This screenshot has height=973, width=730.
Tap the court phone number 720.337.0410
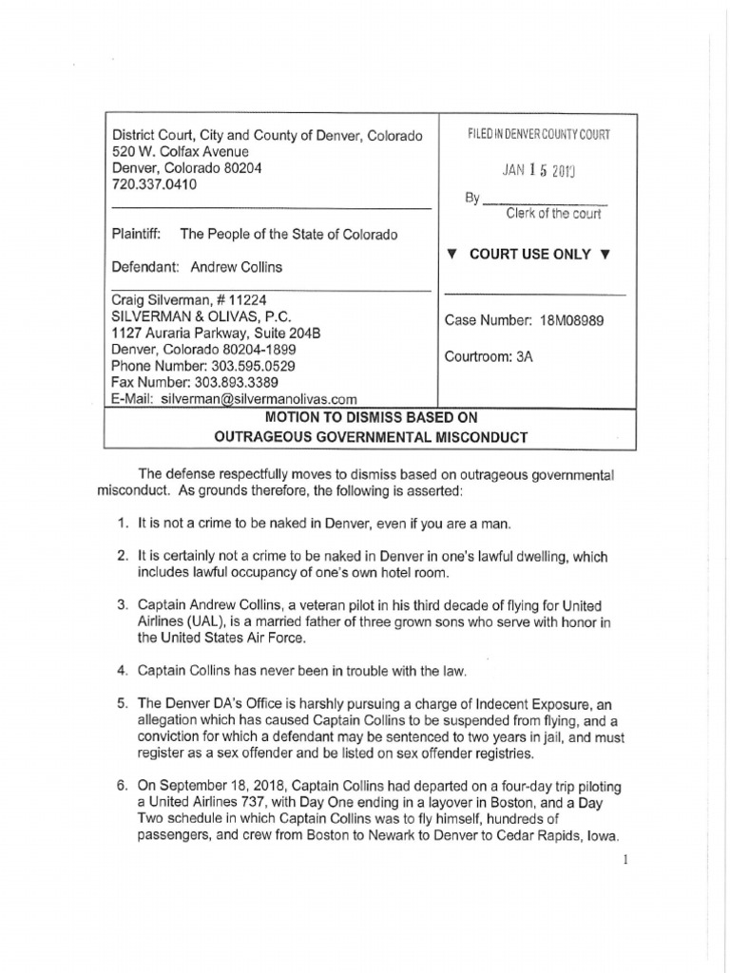click(x=155, y=185)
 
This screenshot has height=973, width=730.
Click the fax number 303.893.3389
click(x=234, y=382)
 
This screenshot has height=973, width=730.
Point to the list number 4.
click(x=123, y=671)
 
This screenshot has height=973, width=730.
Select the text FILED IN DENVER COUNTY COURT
click(x=538, y=136)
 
